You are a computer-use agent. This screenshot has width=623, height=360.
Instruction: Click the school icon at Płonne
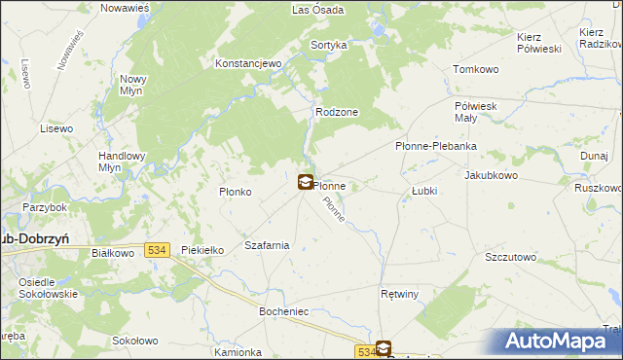click(306, 181)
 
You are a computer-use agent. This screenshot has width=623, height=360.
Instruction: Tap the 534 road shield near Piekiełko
click(158, 250)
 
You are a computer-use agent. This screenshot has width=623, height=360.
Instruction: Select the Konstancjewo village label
click(247, 63)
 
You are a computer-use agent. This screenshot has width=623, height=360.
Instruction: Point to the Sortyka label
click(328, 45)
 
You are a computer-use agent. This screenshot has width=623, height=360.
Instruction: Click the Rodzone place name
click(337, 112)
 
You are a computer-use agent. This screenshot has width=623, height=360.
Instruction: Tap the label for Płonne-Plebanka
click(435, 146)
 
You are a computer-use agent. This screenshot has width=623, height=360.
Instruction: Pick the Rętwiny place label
click(399, 293)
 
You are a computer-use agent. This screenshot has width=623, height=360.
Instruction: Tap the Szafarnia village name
click(267, 245)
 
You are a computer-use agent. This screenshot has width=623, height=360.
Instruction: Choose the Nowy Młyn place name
click(131, 85)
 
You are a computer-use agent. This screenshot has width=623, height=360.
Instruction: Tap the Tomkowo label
click(476, 69)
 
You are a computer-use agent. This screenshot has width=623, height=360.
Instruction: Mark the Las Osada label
click(316, 10)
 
